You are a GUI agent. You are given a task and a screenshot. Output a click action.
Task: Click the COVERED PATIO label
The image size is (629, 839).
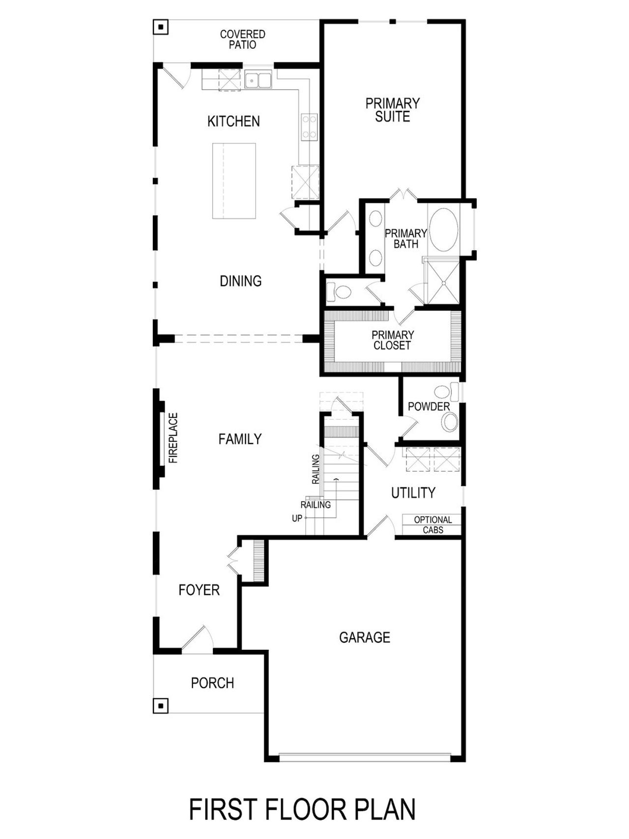(242, 39)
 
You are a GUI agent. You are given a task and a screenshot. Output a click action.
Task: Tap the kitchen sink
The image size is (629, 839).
(258, 80)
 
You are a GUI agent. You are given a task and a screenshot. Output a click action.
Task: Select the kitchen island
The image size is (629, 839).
(234, 181)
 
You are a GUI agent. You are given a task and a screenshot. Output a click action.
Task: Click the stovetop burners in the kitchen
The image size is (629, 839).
(309, 126)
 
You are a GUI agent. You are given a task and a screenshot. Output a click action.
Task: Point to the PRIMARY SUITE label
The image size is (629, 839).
(392, 110)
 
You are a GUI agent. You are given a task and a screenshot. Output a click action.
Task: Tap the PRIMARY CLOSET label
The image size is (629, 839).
(392, 340)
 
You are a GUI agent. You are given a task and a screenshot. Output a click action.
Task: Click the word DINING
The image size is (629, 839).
(240, 281)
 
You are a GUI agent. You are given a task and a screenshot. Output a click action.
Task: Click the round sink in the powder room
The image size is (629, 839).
(449, 422)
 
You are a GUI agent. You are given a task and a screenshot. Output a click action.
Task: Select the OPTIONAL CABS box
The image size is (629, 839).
(432, 525)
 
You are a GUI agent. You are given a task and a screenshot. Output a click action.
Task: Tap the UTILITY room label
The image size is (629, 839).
(413, 492)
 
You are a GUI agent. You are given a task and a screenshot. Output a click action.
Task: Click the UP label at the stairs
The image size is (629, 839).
(297, 518)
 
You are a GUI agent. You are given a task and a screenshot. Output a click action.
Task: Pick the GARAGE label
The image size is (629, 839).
(364, 637)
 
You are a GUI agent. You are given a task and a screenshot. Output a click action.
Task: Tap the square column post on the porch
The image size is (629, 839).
(160, 705)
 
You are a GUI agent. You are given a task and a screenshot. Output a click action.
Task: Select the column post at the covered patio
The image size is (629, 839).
(160, 27)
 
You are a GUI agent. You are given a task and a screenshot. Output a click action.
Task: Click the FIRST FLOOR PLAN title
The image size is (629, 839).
(302, 810)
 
